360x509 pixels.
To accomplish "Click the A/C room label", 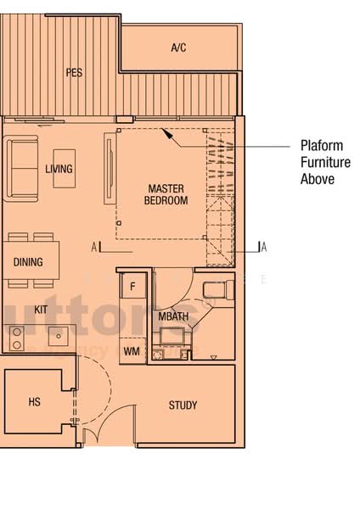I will click(178, 48).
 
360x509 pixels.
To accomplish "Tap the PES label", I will click(74, 73).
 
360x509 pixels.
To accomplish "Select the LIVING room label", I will click(59, 169).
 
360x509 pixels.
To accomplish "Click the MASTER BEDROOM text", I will click(166, 194).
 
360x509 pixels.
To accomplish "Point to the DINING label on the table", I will click(28, 262).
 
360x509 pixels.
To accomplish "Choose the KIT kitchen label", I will click(41, 310).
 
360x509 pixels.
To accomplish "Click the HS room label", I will click(35, 401).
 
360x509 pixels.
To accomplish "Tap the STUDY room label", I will click(183, 405).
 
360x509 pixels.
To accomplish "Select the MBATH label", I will click(172, 316).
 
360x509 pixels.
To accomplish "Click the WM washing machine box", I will click(132, 350).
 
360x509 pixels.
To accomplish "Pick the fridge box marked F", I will click(132, 287).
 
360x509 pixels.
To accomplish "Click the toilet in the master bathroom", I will click(217, 291).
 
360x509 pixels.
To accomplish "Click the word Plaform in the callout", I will click(319, 145).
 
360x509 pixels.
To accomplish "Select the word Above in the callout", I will click(317, 179).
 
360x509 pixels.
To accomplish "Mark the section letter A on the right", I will click(264, 247).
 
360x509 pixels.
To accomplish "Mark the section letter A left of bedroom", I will click(95, 247).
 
